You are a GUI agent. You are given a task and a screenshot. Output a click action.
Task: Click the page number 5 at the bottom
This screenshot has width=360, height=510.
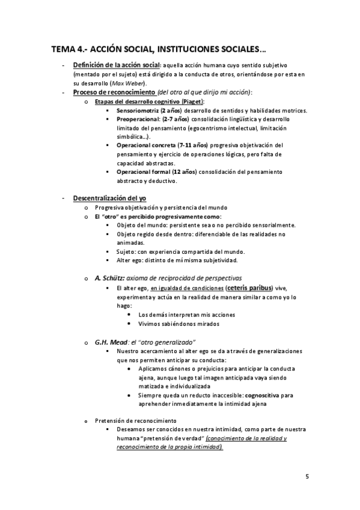(x=307, y=477)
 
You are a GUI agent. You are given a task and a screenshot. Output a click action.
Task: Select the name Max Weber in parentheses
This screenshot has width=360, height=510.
(x=127, y=82)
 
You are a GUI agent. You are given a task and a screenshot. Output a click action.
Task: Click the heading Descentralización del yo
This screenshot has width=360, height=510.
(x=109, y=198)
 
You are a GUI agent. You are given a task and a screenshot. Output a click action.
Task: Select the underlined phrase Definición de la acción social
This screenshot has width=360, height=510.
(x=116, y=65)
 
